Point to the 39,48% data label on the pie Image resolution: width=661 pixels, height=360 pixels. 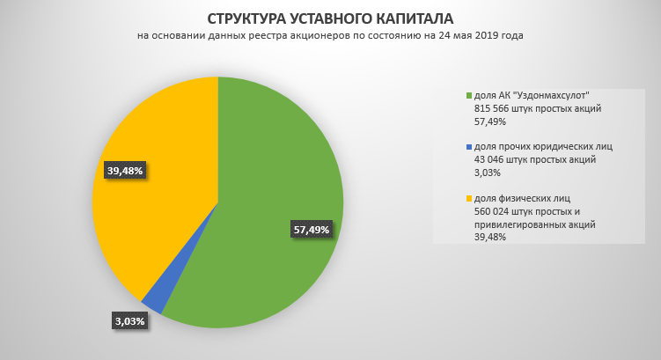click(x=124, y=169)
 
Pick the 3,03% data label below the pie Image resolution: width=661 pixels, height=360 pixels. click(x=129, y=321)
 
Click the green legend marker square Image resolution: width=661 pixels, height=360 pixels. click(x=467, y=95)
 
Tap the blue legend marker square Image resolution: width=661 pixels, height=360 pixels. click(x=467, y=146)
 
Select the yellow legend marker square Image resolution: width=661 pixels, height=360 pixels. click(x=467, y=198)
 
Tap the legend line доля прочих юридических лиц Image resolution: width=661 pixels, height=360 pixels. click(x=543, y=146)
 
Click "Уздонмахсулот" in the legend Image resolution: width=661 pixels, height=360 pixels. click(x=554, y=95)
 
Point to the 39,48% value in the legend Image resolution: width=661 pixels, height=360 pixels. click(x=489, y=237)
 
